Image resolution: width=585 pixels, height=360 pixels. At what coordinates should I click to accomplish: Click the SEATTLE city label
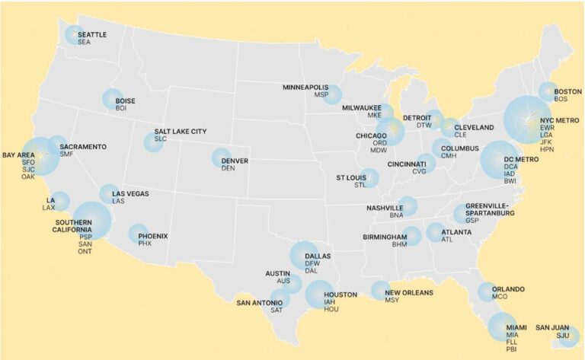tap(91, 34)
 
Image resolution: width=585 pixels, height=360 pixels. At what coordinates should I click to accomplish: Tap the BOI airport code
tap(120, 108)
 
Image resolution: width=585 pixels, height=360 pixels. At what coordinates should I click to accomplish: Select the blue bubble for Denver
tap(221, 158)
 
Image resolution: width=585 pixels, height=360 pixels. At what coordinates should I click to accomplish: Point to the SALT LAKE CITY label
tap(180, 131)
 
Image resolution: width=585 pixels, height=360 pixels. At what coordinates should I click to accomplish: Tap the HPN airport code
tap(547, 150)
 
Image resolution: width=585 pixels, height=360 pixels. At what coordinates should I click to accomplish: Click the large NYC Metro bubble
tap(526, 119)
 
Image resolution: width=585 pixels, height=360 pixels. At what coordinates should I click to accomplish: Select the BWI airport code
tap(510, 182)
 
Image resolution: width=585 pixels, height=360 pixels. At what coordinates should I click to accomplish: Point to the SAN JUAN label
tap(551, 327)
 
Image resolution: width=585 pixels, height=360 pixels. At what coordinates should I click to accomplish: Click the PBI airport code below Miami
tap(510, 350)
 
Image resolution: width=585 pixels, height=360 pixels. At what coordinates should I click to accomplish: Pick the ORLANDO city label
tap(508, 289)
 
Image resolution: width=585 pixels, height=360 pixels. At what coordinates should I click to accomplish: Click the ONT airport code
tap(85, 251)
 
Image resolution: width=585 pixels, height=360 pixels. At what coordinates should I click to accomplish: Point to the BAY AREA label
tap(18, 155)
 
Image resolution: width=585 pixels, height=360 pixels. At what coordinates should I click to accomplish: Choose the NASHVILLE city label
tap(384, 208)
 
